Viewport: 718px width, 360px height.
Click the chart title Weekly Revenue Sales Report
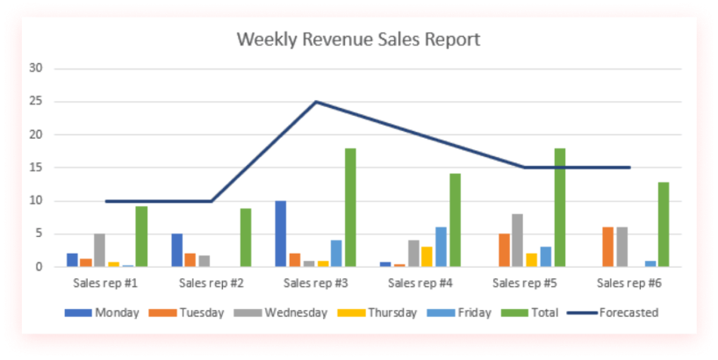coord(359,40)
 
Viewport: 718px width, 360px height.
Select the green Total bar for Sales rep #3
coord(350,207)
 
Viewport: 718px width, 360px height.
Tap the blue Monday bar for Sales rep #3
coord(280,234)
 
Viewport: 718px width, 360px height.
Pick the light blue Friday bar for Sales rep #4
coord(441,247)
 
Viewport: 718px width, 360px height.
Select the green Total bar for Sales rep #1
coord(141,236)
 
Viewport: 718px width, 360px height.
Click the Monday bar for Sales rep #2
coord(176,250)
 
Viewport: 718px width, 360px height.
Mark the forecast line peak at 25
coord(316,102)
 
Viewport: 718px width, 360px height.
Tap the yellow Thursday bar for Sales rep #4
coord(426,256)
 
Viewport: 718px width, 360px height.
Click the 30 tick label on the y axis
coord(36,68)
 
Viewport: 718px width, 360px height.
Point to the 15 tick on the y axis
coord(36,168)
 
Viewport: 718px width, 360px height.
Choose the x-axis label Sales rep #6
coord(629,284)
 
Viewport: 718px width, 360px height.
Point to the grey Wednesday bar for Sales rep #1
coord(100,250)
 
